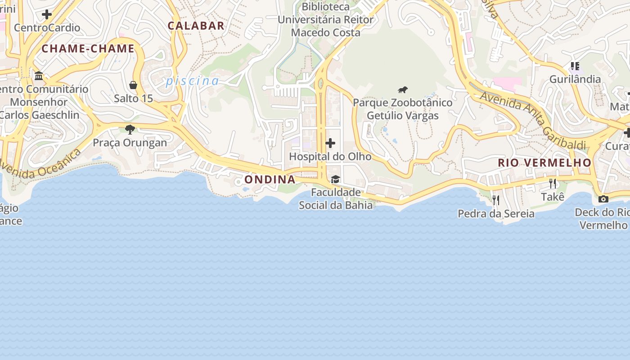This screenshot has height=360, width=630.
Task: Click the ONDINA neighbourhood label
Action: pyautogui.click(x=270, y=180)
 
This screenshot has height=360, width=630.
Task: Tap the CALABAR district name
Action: pyautogui.click(x=196, y=26)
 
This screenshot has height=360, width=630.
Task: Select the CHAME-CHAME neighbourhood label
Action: pyautogui.click(x=88, y=49)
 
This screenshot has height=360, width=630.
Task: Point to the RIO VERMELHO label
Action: pyautogui.click(x=544, y=163)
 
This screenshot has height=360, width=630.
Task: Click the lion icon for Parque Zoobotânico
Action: pyautogui.click(x=403, y=90)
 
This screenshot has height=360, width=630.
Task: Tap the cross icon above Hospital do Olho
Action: pyautogui.click(x=330, y=143)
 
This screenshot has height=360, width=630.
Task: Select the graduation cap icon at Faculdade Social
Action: pyautogui.click(x=335, y=180)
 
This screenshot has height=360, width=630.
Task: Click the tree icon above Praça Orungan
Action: pyautogui.click(x=130, y=130)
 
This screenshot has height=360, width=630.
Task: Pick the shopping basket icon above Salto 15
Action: pyautogui.click(x=133, y=85)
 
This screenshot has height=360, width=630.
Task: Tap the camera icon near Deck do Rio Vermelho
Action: pyautogui.click(x=603, y=199)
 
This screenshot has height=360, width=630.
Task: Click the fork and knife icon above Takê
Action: pyautogui.click(x=553, y=184)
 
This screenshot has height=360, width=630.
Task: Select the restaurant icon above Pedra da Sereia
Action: pyautogui.click(x=496, y=200)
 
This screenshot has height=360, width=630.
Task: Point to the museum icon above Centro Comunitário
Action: pyautogui.click(x=39, y=76)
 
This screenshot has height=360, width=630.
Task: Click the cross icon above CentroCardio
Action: pyautogui.click(x=47, y=14)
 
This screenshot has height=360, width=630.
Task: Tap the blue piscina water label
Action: pyautogui.click(x=192, y=81)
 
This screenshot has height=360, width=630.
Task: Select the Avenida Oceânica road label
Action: pyautogui.click(x=40, y=165)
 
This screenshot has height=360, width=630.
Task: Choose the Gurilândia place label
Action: pyautogui.click(x=575, y=80)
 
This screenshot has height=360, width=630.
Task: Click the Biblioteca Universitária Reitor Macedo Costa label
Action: pyautogui.click(x=325, y=20)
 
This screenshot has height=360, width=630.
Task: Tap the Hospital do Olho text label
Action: pyautogui.click(x=330, y=157)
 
